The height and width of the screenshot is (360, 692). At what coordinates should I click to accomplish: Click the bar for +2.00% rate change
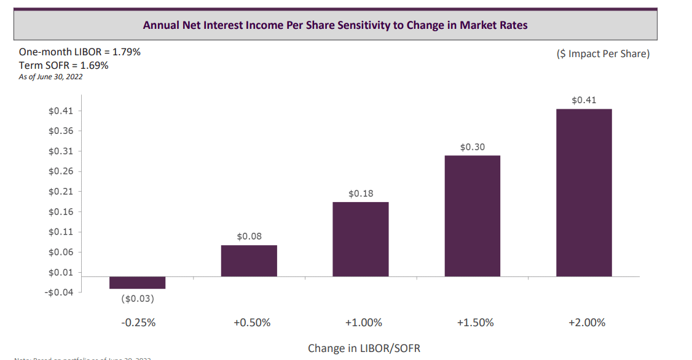point(584,192)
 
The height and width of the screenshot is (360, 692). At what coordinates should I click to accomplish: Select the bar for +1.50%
point(472,216)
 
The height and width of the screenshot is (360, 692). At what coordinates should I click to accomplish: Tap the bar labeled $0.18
point(360,239)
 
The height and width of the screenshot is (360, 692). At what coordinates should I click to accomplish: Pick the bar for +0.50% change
point(249,260)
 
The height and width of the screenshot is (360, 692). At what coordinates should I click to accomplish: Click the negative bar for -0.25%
point(137,283)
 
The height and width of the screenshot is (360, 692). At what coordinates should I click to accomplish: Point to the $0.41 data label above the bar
point(584,100)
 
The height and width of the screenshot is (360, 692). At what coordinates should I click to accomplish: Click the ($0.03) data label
point(137,299)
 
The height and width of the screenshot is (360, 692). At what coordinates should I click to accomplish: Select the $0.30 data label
point(472,147)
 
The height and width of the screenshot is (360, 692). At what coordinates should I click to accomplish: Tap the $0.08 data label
point(249,236)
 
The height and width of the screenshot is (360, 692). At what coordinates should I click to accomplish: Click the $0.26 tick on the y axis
point(61,171)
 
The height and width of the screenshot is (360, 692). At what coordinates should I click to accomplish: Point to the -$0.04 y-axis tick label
point(59,292)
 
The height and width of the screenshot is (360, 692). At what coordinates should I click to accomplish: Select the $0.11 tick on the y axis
point(61,232)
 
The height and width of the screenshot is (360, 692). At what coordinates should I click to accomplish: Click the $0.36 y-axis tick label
point(61,131)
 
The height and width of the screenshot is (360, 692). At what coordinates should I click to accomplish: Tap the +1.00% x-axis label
point(364,323)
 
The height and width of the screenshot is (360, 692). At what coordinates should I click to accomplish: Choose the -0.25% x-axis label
point(138,323)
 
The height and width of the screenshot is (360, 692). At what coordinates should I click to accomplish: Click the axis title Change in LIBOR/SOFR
point(364,348)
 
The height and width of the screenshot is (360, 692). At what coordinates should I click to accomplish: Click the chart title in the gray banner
point(335,25)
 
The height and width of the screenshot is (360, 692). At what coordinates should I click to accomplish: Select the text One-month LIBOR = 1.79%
point(80,52)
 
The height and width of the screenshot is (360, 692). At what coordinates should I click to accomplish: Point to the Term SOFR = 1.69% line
point(63,65)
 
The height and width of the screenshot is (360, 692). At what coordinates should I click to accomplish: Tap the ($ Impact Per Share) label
point(602,54)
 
